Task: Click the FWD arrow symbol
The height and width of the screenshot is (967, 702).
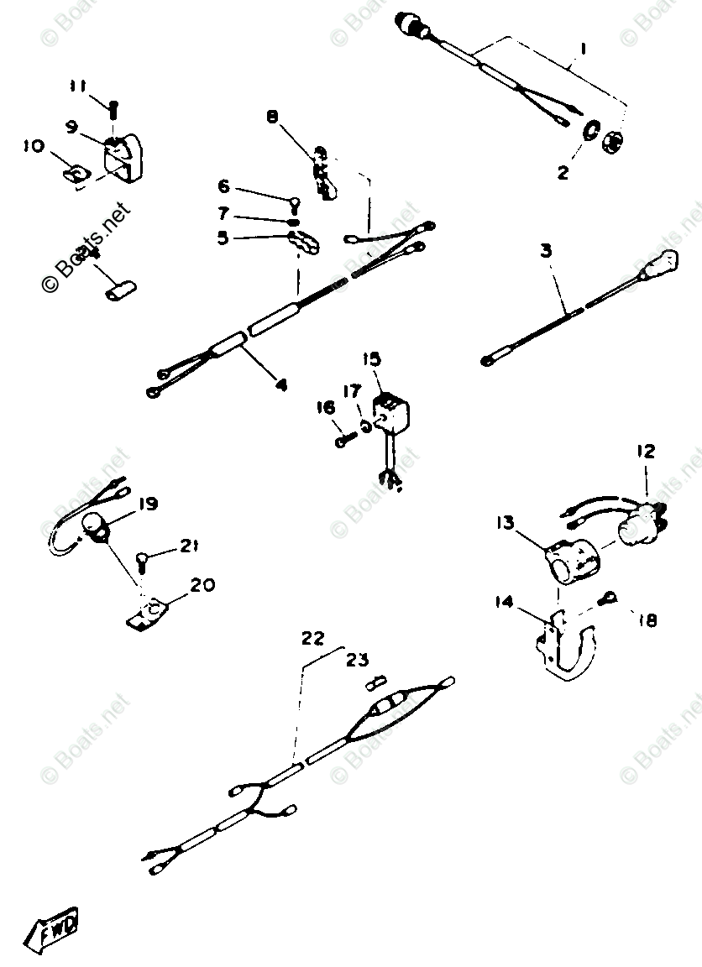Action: click(x=56, y=928)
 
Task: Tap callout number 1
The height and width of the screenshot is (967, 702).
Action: click(x=582, y=50)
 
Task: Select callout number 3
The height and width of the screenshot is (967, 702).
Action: click(x=546, y=251)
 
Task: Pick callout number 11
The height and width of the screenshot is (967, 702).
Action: click(x=78, y=86)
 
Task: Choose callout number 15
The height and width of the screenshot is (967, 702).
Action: click(x=370, y=359)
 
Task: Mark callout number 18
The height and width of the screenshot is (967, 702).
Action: click(x=647, y=620)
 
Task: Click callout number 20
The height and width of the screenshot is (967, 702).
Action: click(x=203, y=584)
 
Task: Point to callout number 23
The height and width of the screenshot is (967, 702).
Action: click(x=357, y=660)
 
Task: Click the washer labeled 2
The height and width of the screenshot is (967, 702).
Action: click(x=590, y=130)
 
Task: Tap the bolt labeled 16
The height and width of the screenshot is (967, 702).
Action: click(x=343, y=439)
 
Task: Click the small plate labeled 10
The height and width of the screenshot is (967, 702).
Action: click(x=74, y=174)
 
